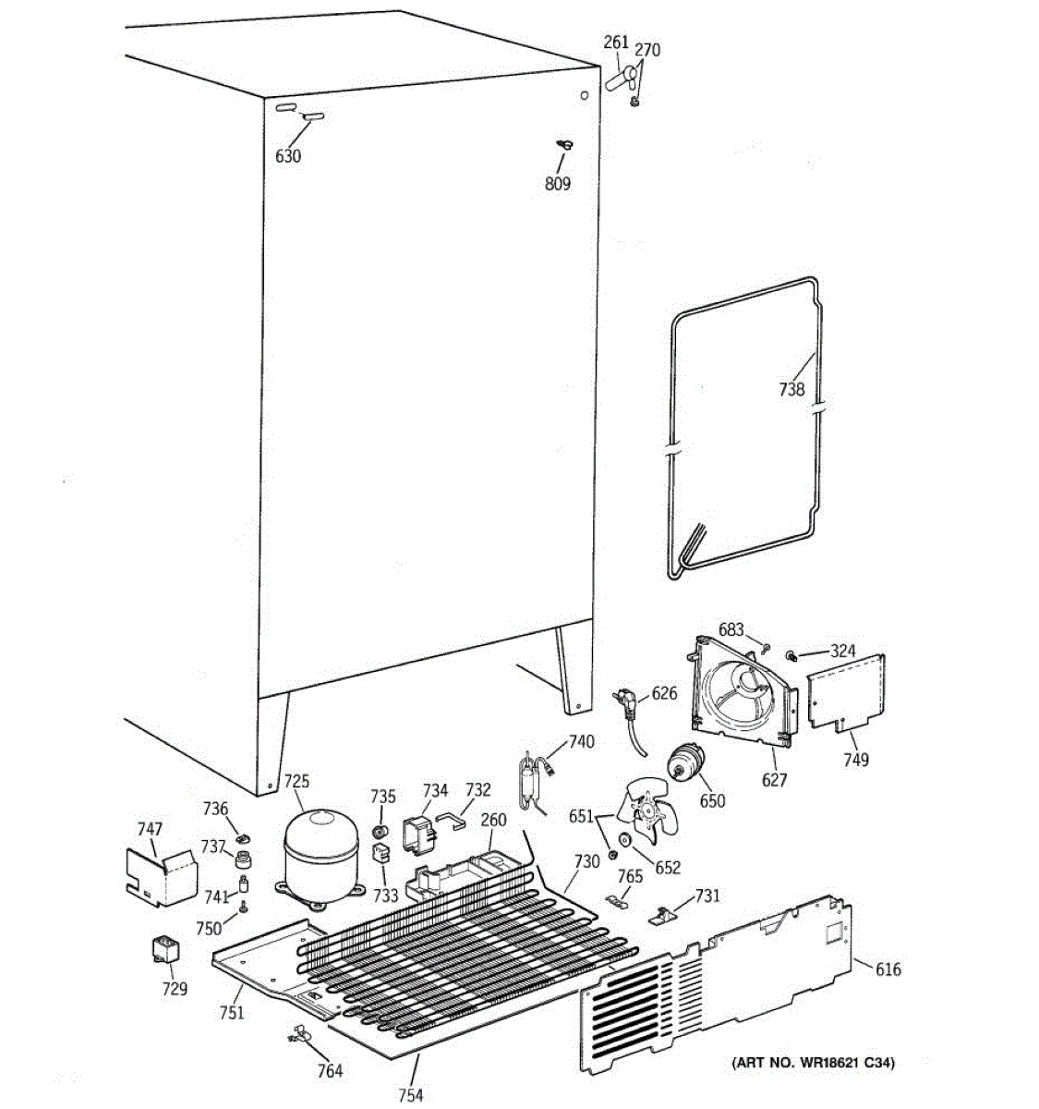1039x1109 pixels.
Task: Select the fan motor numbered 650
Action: [x=688, y=763]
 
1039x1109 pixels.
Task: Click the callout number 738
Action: [x=791, y=389]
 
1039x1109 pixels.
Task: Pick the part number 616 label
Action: [x=888, y=969]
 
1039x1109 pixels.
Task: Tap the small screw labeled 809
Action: [x=563, y=144]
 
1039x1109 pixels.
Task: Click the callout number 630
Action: [x=288, y=156]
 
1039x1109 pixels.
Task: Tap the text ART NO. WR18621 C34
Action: [x=813, y=1064]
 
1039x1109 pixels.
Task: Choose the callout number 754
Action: [x=410, y=1095]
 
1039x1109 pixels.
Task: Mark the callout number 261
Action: [x=615, y=43]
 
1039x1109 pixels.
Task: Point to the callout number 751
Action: [x=232, y=1013]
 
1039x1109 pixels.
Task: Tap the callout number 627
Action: [x=774, y=780]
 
